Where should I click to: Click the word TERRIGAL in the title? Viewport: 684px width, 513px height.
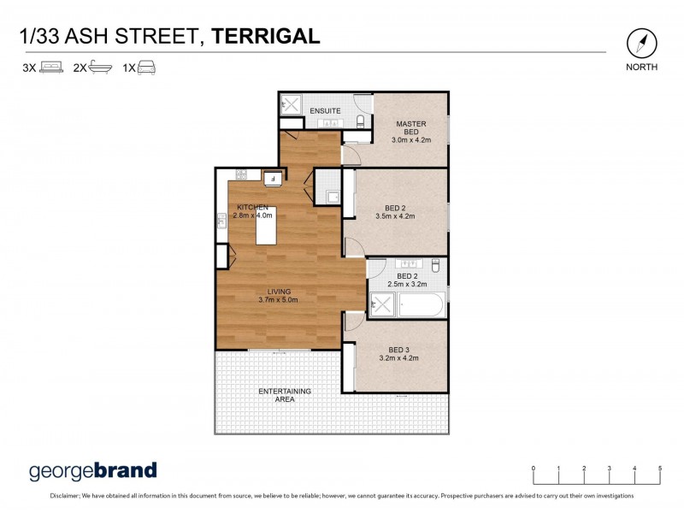click(266, 35)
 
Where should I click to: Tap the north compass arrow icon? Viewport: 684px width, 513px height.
click(641, 43)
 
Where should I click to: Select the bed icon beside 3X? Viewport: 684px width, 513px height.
click(52, 67)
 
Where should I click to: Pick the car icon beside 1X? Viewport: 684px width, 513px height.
click(146, 67)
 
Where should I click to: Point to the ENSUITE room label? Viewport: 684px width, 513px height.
click(325, 111)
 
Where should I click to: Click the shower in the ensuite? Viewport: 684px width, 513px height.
click(290, 106)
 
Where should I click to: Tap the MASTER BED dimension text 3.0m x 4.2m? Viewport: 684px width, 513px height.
click(411, 140)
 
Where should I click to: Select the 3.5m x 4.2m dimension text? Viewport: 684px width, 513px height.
click(394, 216)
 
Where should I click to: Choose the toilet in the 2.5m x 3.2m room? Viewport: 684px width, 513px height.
click(435, 266)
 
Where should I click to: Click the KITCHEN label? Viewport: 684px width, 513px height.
click(252, 208)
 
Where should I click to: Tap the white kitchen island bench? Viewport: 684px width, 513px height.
click(264, 231)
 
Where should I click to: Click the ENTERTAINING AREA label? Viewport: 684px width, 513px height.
click(286, 395)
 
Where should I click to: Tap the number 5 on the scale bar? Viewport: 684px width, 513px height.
click(660, 469)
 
